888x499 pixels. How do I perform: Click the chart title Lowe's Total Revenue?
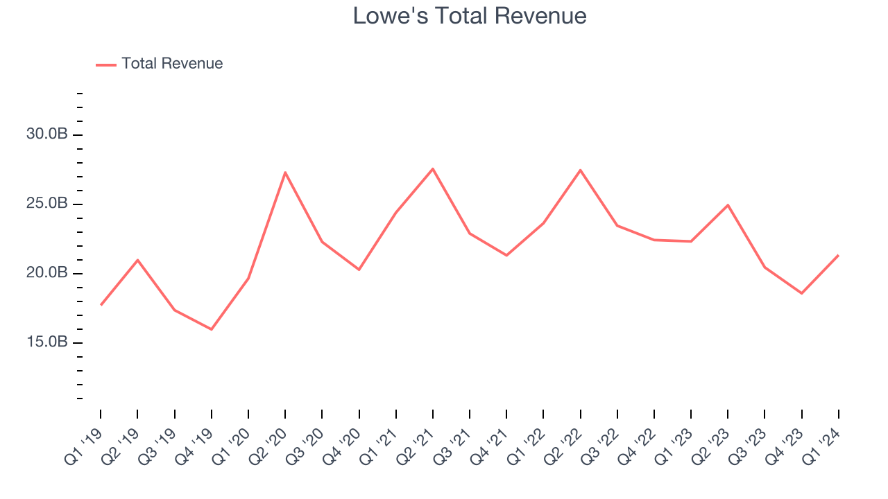point(470,16)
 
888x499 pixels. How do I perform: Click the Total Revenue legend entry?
point(171,64)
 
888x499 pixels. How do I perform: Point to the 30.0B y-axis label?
point(47,134)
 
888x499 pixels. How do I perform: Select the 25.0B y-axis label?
point(47,204)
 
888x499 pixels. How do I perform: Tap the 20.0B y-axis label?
point(47,273)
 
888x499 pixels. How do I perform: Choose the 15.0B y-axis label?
point(47,342)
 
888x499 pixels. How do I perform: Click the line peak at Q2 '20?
point(285,173)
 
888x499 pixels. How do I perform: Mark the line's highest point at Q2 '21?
point(433,168)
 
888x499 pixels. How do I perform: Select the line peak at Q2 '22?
point(580,170)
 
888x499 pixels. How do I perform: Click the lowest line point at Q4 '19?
point(211,329)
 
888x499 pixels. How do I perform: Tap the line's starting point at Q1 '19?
point(101,305)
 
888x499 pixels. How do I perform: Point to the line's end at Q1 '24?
point(838,255)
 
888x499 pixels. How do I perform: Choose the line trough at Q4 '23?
point(801,293)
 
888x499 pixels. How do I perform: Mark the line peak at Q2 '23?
point(728,205)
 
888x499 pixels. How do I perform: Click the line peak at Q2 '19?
point(137,260)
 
